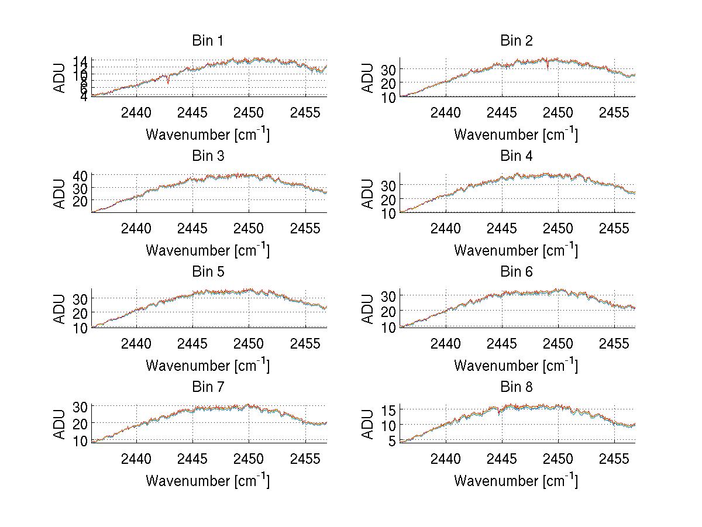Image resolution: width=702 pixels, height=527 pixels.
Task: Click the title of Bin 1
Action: [208, 41]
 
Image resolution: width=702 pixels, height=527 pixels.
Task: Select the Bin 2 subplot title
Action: [517, 41]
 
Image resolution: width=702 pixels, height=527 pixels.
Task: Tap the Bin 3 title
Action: [208, 156]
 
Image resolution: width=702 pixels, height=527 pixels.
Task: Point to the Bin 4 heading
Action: [517, 156]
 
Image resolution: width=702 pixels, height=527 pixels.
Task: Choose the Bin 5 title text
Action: [208, 272]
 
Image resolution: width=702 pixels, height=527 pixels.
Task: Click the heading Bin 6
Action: [517, 272]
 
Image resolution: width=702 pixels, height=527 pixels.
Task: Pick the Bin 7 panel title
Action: [208, 387]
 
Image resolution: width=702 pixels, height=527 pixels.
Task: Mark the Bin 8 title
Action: [517, 387]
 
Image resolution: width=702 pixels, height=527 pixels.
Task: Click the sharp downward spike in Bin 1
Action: [168, 82]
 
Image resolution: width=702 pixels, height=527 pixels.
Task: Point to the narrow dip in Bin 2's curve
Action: [548, 68]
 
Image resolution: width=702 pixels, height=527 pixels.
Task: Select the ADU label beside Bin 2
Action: [368, 78]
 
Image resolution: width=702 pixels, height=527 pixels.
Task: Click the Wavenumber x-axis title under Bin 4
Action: [516, 249]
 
